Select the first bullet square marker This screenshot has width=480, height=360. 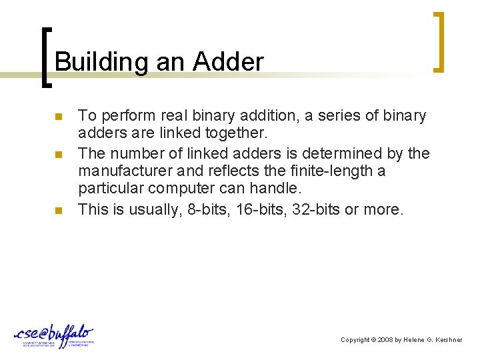58,117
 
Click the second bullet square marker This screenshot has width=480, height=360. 58,155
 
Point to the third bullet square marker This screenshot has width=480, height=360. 58,211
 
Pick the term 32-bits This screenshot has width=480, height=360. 317,209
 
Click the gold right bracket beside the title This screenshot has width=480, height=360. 438,41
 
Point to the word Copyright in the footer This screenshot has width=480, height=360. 355,340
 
